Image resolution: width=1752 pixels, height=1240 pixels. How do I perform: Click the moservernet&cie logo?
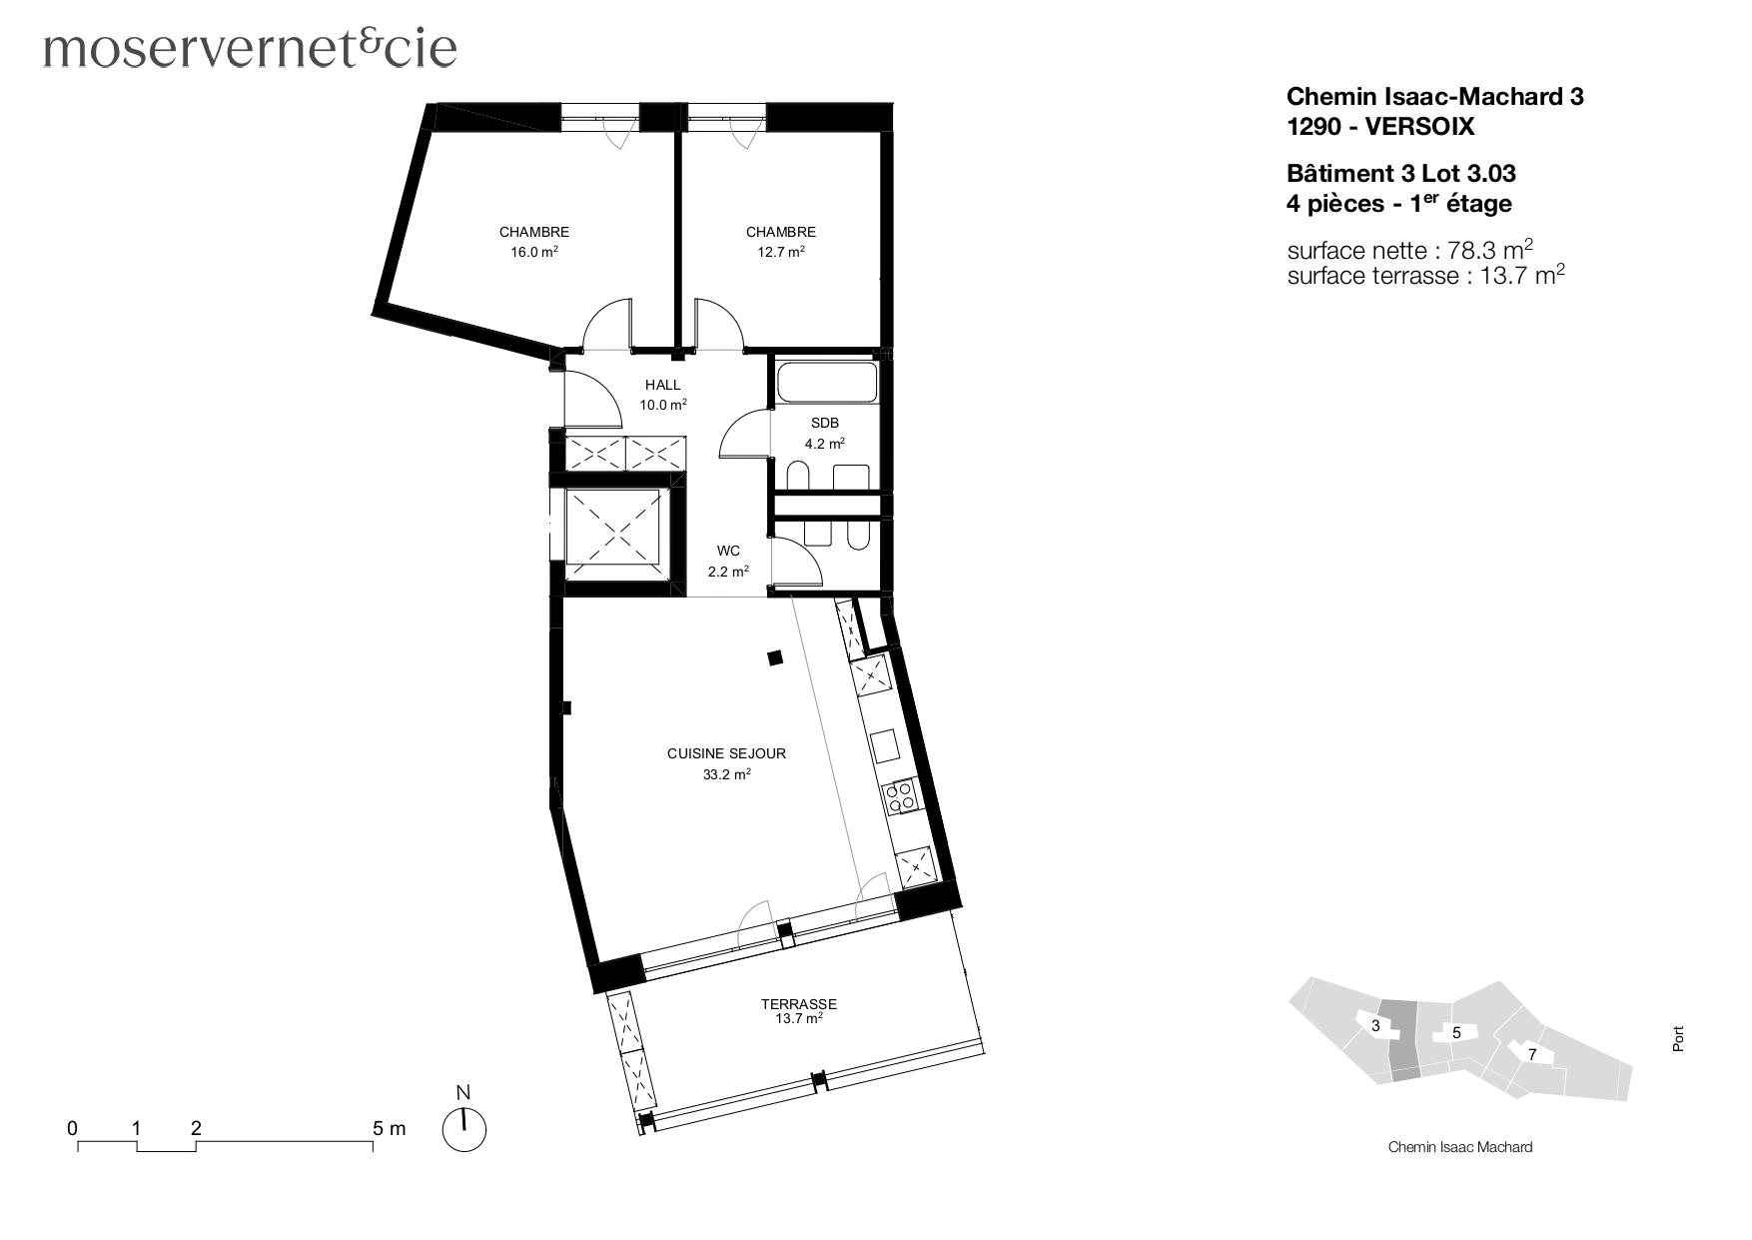tap(250, 48)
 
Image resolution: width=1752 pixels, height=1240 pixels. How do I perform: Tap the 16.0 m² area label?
tap(534, 253)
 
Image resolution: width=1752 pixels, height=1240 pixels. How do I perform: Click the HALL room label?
tap(662, 385)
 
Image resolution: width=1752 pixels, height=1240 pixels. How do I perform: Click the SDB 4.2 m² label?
tap(825, 434)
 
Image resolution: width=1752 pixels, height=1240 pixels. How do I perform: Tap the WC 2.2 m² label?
tap(728, 562)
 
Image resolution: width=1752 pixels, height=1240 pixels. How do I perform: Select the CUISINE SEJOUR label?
tap(726, 754)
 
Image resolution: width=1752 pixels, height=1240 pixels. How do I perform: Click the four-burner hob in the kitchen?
tap(901, 795)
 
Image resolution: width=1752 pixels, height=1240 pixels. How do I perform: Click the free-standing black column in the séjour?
tap(774, 657)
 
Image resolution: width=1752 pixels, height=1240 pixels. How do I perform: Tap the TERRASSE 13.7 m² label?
tap(798, 1011)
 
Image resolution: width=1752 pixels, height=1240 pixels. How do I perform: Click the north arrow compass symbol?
tap(463, 1128)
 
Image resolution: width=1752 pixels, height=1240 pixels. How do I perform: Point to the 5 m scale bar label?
tap(390, 1128)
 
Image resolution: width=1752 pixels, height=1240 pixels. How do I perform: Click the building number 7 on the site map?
tap(1531, 1054)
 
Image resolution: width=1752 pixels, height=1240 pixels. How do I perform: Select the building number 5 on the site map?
tap(1456, 1032)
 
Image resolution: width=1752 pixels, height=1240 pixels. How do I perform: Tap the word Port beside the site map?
tap(1678, 1039)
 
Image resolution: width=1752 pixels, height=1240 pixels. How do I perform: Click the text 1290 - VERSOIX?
tap(1379, 127)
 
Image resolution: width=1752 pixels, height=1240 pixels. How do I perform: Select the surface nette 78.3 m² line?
tap(1409, 249)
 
